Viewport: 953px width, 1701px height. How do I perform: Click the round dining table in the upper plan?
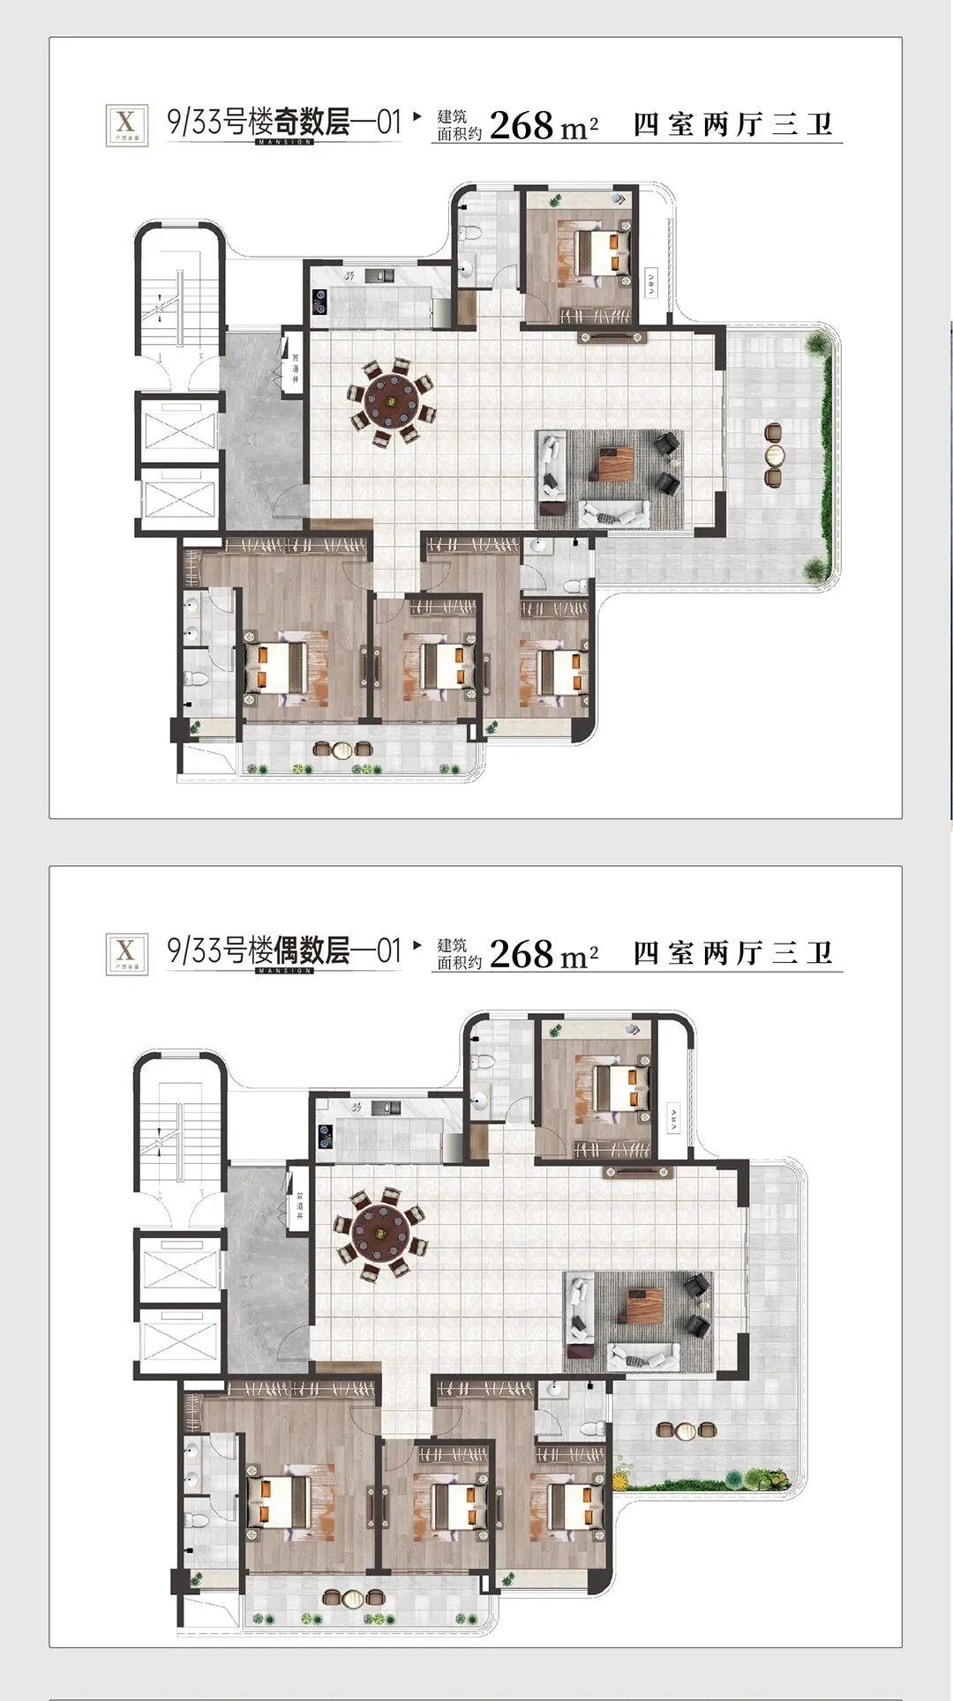[x=389, y=401]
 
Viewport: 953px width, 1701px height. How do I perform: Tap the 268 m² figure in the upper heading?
[x=543, y=125]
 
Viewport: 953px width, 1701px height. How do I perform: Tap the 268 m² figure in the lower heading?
[x=543, y=954]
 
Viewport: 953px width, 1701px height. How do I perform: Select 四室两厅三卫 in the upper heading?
[x=733, y=124]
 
